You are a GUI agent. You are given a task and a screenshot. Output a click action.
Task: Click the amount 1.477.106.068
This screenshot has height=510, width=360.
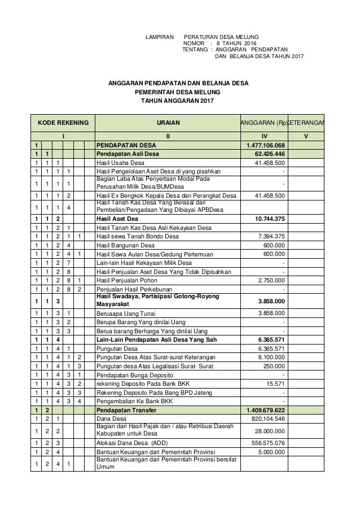(x=261, y=145)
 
